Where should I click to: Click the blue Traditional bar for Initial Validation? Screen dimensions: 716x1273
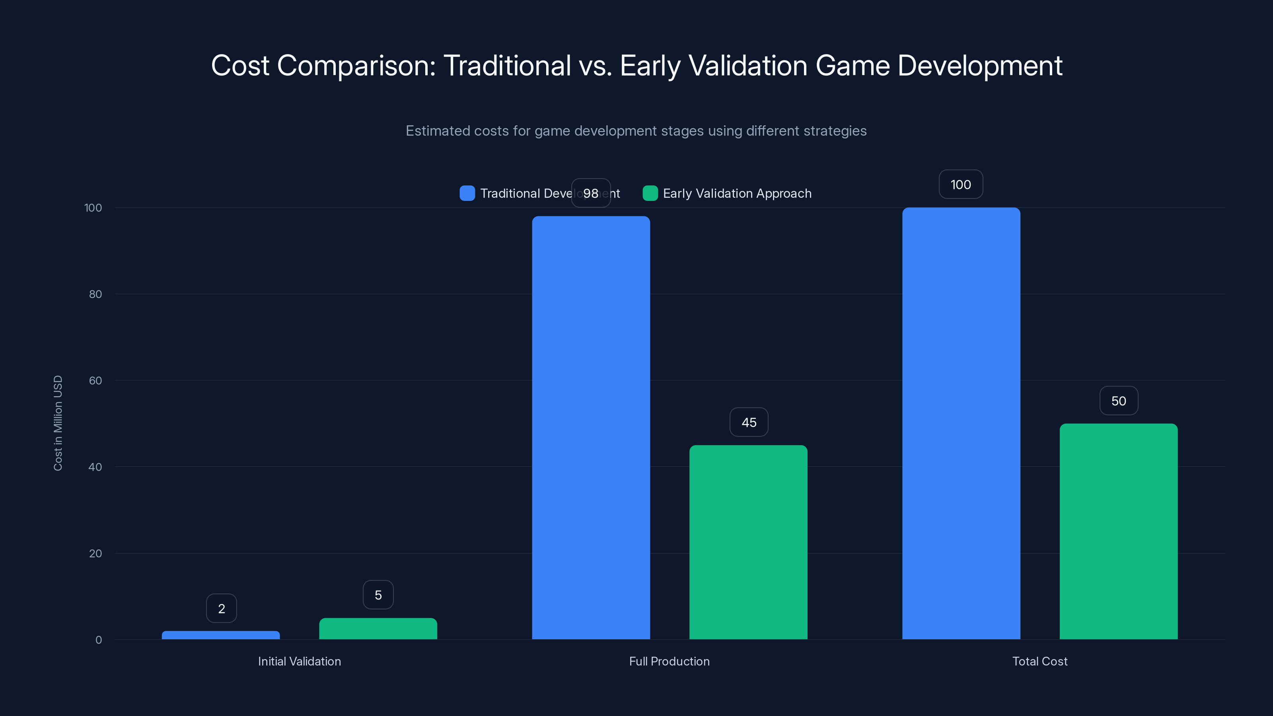point(220,635)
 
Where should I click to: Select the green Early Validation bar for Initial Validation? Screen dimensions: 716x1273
point(378,628)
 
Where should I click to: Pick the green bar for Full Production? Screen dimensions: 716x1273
point(748,542)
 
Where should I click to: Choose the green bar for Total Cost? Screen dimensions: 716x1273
point(1118,531)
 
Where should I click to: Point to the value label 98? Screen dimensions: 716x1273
point(591,193)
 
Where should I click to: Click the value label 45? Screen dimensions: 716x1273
point(749,422)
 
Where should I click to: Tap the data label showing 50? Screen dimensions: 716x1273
point(1118,401)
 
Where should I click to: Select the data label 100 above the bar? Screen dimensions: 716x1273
point(961,184)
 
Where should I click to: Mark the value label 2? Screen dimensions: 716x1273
point(222,608)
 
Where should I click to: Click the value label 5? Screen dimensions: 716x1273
point(378,595)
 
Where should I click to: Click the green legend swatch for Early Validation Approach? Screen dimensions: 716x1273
point(650,193)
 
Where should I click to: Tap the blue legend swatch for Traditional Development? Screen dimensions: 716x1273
point(467,193)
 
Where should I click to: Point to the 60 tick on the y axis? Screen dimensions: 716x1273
point(95,381)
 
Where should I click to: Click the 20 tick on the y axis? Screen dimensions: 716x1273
point(95,553)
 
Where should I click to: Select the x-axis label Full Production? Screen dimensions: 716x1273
point(669,661)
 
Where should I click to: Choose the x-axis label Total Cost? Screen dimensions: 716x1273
point(1040,661)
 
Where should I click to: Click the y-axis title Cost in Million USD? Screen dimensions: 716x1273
point(58,423)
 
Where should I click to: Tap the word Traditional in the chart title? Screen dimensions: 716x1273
point(507,65)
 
